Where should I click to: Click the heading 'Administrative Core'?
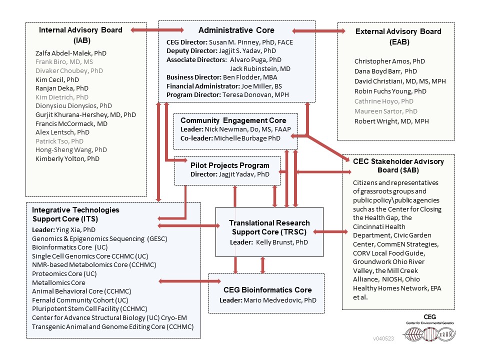pyautogui.click(x=236, y=30)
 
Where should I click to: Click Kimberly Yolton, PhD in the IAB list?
pyautogui.click(x=67, y=158)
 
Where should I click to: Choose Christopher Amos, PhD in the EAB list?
pyautogui.click(x=390, y=61)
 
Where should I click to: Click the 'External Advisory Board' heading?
pyautogui.click(x=398, y=31)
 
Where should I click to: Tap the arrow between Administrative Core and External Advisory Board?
pyautogui.click(x=318, y=31)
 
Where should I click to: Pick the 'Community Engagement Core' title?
pyautogui.click(x=233, y=120)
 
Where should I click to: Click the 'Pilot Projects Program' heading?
pyautogui.click(x=229, y=165)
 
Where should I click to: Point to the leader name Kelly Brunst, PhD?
pyautogui.click(x=282, y=242)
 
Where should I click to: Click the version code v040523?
pyautogui.click(x=383, y=338)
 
